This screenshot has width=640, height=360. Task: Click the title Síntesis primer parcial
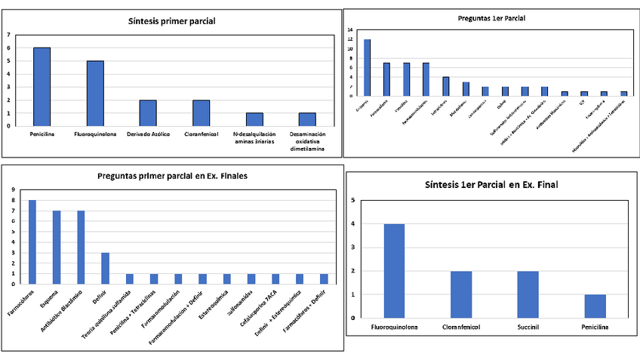171,20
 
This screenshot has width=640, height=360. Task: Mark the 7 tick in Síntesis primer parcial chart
8,35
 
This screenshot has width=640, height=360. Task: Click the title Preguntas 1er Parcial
491,17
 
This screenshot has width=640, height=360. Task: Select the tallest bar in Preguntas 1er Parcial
368,67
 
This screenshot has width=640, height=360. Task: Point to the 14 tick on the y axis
351,30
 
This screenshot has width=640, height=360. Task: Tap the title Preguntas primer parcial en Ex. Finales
173,176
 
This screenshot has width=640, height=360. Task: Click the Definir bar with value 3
105,268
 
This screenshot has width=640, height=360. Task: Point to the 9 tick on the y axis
12,190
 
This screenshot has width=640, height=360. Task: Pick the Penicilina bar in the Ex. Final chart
595,305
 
